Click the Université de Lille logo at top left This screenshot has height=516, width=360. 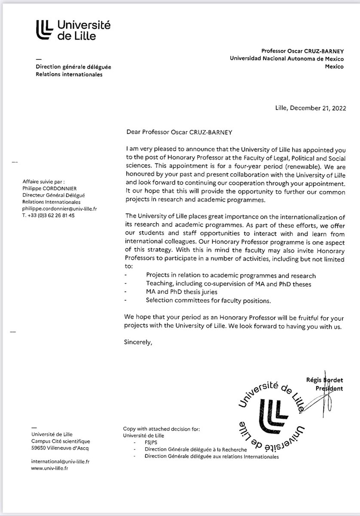click(73, 30)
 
